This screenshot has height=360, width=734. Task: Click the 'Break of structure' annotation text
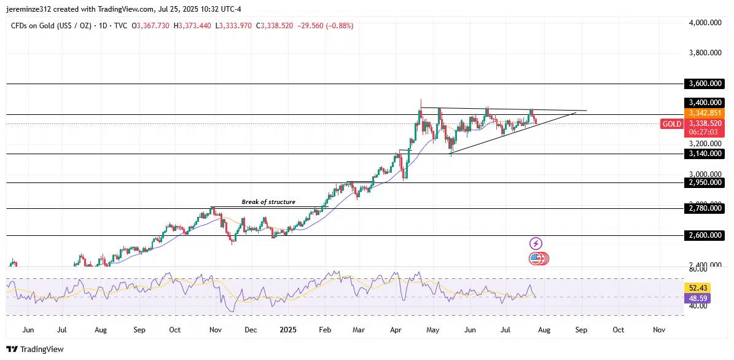pyautogui.click(x=268, y=202)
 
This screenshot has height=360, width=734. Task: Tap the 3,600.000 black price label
pyautogui.click(x=704, y=84)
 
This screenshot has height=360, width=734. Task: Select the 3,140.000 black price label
pyautogui.click(x=704, y=154)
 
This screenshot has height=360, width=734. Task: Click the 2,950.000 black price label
pyautogui.click(x=704, y=182)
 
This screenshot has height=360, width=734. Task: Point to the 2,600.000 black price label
pyautogui.click(x=704, y=235)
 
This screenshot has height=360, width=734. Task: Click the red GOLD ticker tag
pyautogui.click(x=671, y=124)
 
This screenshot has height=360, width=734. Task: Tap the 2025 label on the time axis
pyautogui.click(x=288, y=330)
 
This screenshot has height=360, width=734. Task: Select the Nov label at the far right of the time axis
pyautogui.click(x=658, y=330)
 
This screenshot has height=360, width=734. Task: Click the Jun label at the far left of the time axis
pyautogui.click(x=28, y=330)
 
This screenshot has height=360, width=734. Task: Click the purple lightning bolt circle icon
pyautogui.click(x=536, y=244)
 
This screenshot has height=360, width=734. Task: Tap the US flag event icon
pyautogui.click(x=536, y=259)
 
